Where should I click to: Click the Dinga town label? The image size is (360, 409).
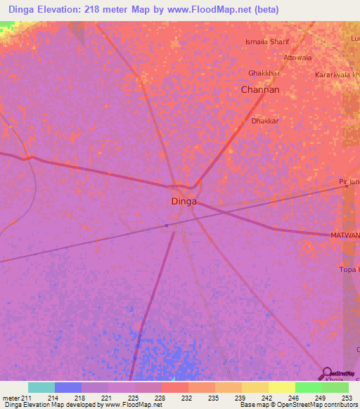184,201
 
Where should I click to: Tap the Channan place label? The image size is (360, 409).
260,90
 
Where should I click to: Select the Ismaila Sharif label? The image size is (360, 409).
266,42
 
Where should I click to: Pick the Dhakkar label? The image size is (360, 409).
266,121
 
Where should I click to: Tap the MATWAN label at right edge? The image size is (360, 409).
345,235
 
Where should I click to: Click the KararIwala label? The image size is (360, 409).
337,74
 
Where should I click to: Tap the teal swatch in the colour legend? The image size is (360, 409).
41,387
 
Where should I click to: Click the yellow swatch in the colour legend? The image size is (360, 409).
281,387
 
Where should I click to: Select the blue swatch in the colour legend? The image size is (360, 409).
68,387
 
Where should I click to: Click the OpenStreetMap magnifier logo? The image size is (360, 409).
326,373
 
